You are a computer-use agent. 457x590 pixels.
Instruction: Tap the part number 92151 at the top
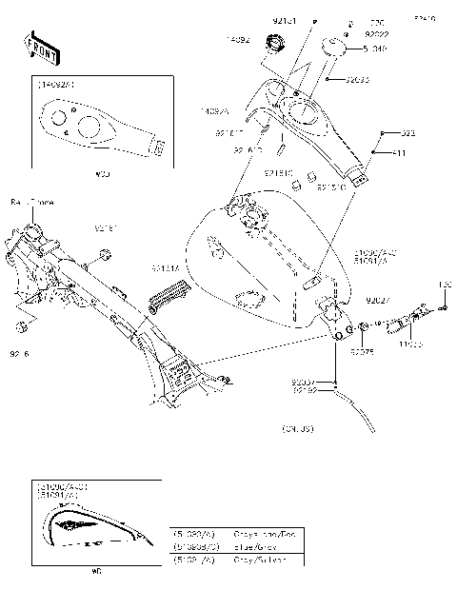(x=285, y=19)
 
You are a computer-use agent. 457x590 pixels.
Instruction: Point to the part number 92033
(x=355, y=79)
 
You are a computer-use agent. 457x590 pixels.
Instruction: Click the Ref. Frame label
(x=31, y=203)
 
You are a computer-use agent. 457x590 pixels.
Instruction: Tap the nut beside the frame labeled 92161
(x=106, y=255)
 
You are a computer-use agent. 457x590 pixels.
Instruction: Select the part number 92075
(x=361, y=351)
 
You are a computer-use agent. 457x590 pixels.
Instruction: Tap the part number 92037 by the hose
(x=305, y=381)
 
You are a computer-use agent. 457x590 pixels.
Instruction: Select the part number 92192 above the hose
(x=305, y=390)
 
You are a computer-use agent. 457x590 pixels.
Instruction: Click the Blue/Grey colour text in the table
(x=255, y=547)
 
